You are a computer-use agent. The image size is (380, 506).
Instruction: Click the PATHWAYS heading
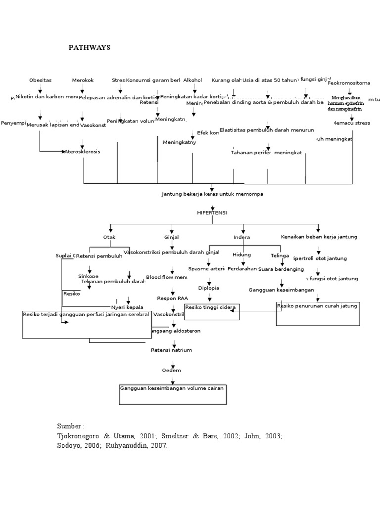click(89, 48)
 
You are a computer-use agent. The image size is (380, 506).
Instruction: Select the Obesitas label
click(40, 80)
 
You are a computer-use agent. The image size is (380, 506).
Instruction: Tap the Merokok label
click(83, 80)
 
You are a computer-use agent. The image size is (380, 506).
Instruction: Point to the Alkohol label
click(192, 80)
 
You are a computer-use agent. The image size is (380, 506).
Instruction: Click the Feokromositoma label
click(349, 83)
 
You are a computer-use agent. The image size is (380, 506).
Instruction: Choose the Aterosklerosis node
click(82, 152)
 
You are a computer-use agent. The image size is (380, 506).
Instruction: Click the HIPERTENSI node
click(212, 212)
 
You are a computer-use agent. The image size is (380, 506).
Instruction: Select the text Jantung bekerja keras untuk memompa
click(212, 194)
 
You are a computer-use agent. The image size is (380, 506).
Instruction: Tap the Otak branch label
click(109, 237)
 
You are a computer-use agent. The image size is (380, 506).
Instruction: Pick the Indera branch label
click(241, 237)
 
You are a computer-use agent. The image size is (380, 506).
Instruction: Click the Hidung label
click(241, 255)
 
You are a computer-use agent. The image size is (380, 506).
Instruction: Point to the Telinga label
click(280, 255)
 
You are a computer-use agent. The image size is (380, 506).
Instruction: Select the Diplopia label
click(208, 288)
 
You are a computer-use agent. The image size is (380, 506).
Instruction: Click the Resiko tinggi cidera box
click(212, 312)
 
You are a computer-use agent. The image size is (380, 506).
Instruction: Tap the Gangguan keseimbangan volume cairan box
click(172, 394)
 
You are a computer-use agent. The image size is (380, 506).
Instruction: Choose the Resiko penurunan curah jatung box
click(317, 313)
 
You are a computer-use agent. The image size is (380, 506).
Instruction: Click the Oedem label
click(171, 370)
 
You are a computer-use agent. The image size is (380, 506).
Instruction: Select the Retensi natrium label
click(171, 350)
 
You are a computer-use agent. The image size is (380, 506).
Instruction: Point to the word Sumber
click(69, 425)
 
